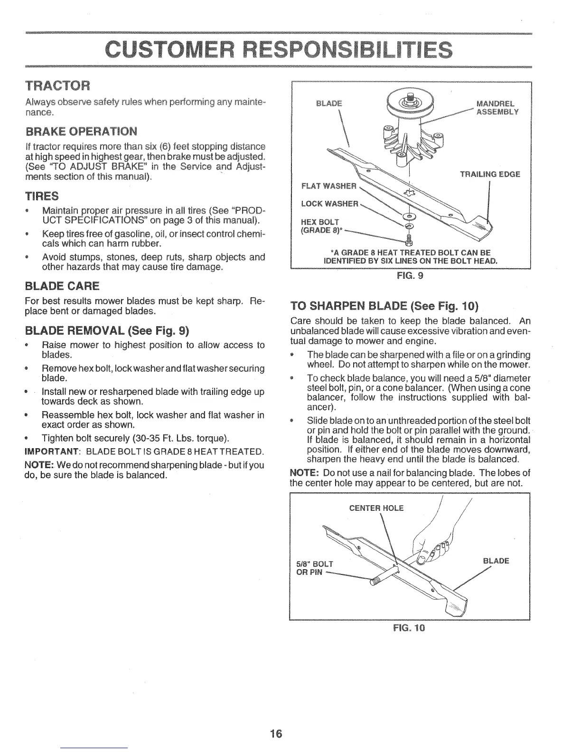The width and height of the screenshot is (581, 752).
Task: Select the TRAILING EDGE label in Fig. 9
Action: (490, 174)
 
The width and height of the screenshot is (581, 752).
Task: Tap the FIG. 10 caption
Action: (409, 628)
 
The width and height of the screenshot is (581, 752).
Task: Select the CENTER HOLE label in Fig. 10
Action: (376, 508)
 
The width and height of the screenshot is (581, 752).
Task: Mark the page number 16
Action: (275, 733)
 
